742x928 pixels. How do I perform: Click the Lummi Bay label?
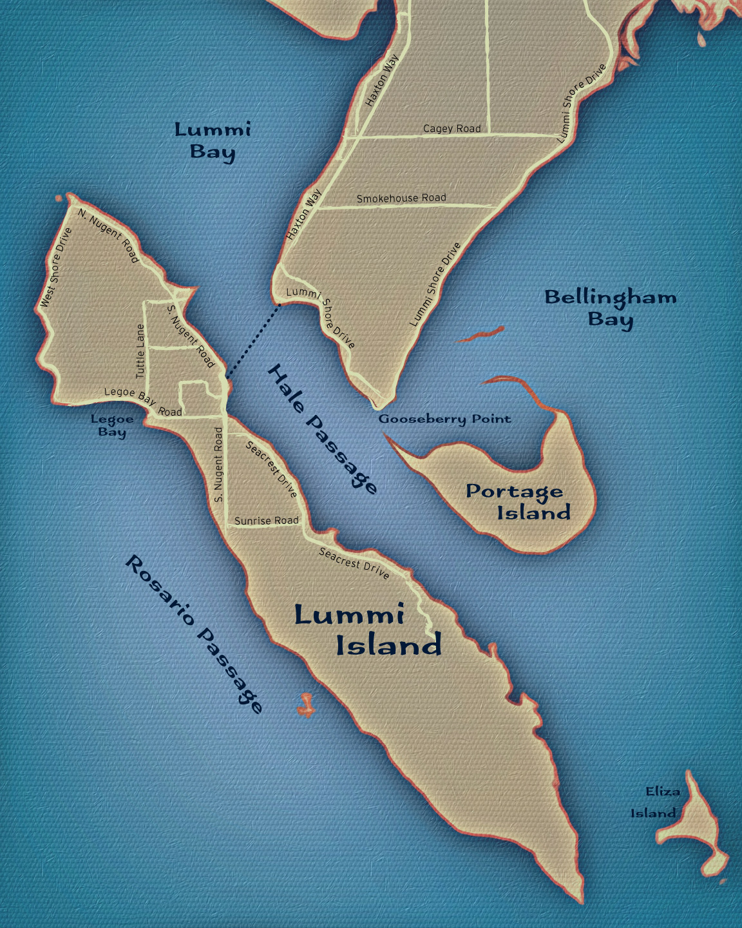click(213, 140)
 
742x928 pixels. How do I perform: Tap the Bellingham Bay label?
click(611, 308)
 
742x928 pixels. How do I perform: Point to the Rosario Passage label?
click(194, 634)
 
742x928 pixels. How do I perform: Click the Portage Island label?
click(517, 502)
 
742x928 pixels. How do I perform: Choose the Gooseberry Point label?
click(444, 419)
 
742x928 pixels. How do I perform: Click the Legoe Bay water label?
click(112, 425)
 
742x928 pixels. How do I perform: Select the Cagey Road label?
click(452, 128)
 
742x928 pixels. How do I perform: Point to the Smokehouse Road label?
click(401, 198)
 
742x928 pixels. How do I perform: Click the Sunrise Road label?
click(266, 521)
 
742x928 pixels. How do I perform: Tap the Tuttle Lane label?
click(140, 351)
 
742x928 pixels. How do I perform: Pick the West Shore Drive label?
click(55, 267)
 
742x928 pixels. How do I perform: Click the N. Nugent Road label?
click(108, 235)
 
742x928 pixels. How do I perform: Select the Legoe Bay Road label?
click(143, 401)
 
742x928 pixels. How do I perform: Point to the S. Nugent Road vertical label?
click(218, 464)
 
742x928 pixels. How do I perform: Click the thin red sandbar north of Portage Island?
click(480, 334)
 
